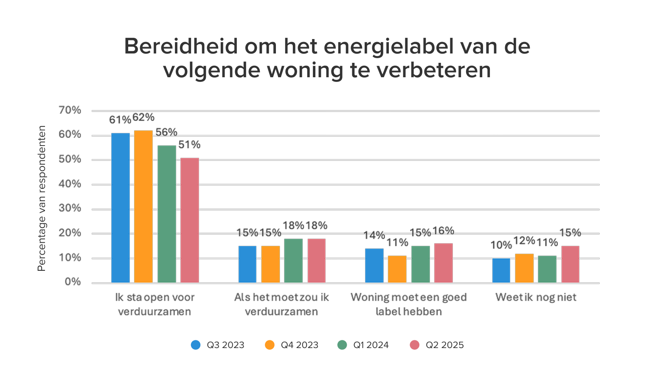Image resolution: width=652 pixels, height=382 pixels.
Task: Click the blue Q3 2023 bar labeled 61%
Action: pyautogui.click(x=120, y=208)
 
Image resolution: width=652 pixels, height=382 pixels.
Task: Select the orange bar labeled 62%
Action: pyautogui.click(x=143, y=207)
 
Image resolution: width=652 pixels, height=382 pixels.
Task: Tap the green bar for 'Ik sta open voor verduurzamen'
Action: pyautogui.click(x=166, y=214)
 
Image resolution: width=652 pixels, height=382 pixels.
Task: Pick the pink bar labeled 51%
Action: pyautogui.click(x=189, y=220)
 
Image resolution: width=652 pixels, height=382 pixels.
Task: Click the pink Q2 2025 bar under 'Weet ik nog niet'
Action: pyautogui.click(x=570, y=264)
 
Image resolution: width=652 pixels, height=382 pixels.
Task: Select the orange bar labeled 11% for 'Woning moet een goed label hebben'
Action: pyautogui.click(x=397, y=269)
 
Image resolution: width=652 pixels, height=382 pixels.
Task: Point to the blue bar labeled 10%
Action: pyautogui.click(x=501, y=270)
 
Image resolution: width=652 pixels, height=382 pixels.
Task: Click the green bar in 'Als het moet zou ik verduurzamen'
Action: pyautogui.click(x=293, y=261)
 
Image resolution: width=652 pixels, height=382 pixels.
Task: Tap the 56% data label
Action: pyautogui.click(x=166, y=132)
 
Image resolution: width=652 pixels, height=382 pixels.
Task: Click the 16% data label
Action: pyautogui.click(x=443, y=230)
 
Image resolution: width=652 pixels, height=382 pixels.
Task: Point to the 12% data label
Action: pyautogui.click(x=524, y=241)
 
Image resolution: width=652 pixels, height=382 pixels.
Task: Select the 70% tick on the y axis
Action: pyautogui.click(x=70, y=110)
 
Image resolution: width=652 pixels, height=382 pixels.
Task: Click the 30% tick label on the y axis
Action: pyautogui.click(x=70, y=208)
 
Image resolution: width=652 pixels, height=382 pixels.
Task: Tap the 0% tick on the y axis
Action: pyautogui.click(x=73, y=282)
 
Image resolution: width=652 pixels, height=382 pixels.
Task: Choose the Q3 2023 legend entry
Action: pyautogui.click(x=218, y=345)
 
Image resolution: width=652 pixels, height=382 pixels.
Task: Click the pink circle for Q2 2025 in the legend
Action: pyautogui.click(x=414, y=345)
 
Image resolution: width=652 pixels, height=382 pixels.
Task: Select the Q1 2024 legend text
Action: pyautogui.click(x=371, y=345)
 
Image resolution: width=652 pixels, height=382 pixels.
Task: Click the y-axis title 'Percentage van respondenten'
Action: pyautogui.click(x=41, y=198)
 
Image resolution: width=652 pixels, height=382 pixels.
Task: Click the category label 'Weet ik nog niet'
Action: pyautogui.click(x=536, y=297)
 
